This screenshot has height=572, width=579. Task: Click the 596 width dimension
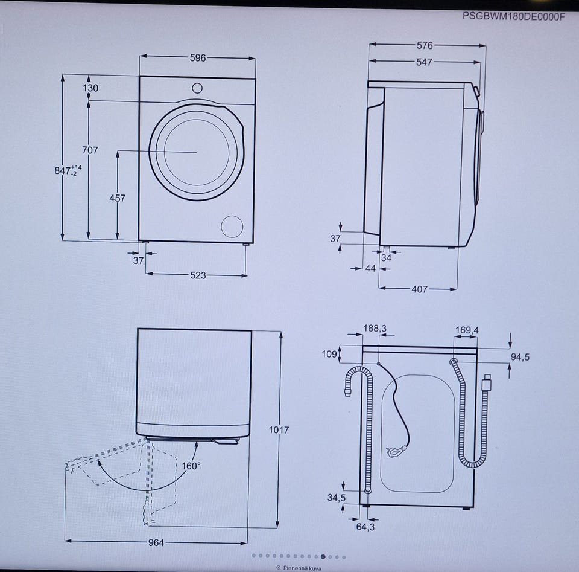click(x=198, y=57)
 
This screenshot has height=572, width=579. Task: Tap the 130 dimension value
click(x=90, y=88)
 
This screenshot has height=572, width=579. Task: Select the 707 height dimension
click(x=90, y=150)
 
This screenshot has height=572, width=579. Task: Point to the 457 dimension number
click(x=117, y=198)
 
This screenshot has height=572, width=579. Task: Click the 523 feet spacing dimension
click(x=198, y=275)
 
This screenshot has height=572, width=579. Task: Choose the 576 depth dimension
click(x=425, y=45)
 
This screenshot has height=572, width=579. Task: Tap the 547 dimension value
click(x=424, y=62)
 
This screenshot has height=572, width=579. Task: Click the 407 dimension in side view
click(x=420, y=289)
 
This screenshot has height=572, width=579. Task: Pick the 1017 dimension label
click(x=279, y=429)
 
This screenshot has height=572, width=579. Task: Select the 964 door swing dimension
click(x=156, y=542)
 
